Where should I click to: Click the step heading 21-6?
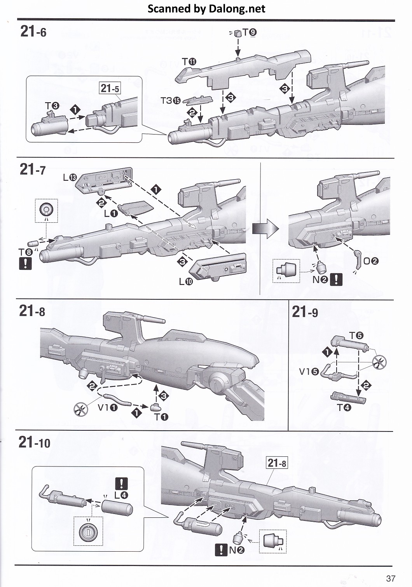click(x=33, y=31)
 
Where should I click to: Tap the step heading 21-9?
click(x=305, y=312)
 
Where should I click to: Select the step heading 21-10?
click(x=35, y=442)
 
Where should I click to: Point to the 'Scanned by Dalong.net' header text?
click(x=206, y=9)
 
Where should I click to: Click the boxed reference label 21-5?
click(x=110, y=88)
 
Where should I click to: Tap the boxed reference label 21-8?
click(x=277, y=463)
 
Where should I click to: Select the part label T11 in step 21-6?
click(x=189, y=61)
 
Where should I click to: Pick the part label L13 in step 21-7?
click(x=70, y=178)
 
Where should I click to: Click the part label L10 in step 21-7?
click(x=186, y=282)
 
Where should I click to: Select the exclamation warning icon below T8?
click(x=25, y=264)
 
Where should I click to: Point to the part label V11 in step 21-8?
click(x=108, y=408)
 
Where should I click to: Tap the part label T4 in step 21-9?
click(x=344, y=408)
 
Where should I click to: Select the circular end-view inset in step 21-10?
click(x=88, y=531)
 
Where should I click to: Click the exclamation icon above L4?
click(x=122, y=484)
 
